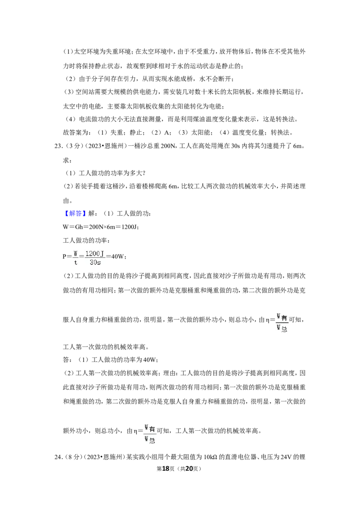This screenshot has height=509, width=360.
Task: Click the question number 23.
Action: (58, 146)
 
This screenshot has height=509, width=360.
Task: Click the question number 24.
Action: (58, 457)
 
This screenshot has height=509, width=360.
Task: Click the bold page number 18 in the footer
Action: (166, 469)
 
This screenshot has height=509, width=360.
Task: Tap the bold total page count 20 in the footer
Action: (189, 469)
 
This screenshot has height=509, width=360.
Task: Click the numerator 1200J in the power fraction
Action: (94, 254)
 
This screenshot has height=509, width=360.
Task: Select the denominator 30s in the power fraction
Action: (95, 262)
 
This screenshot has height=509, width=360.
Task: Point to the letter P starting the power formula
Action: (65, 256)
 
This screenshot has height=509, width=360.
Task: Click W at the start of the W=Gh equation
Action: (65, 227)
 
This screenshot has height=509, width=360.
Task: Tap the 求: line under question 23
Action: (67, 161)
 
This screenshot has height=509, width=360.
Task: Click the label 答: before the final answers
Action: (67, 360)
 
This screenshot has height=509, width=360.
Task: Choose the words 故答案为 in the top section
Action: (76, 133)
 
